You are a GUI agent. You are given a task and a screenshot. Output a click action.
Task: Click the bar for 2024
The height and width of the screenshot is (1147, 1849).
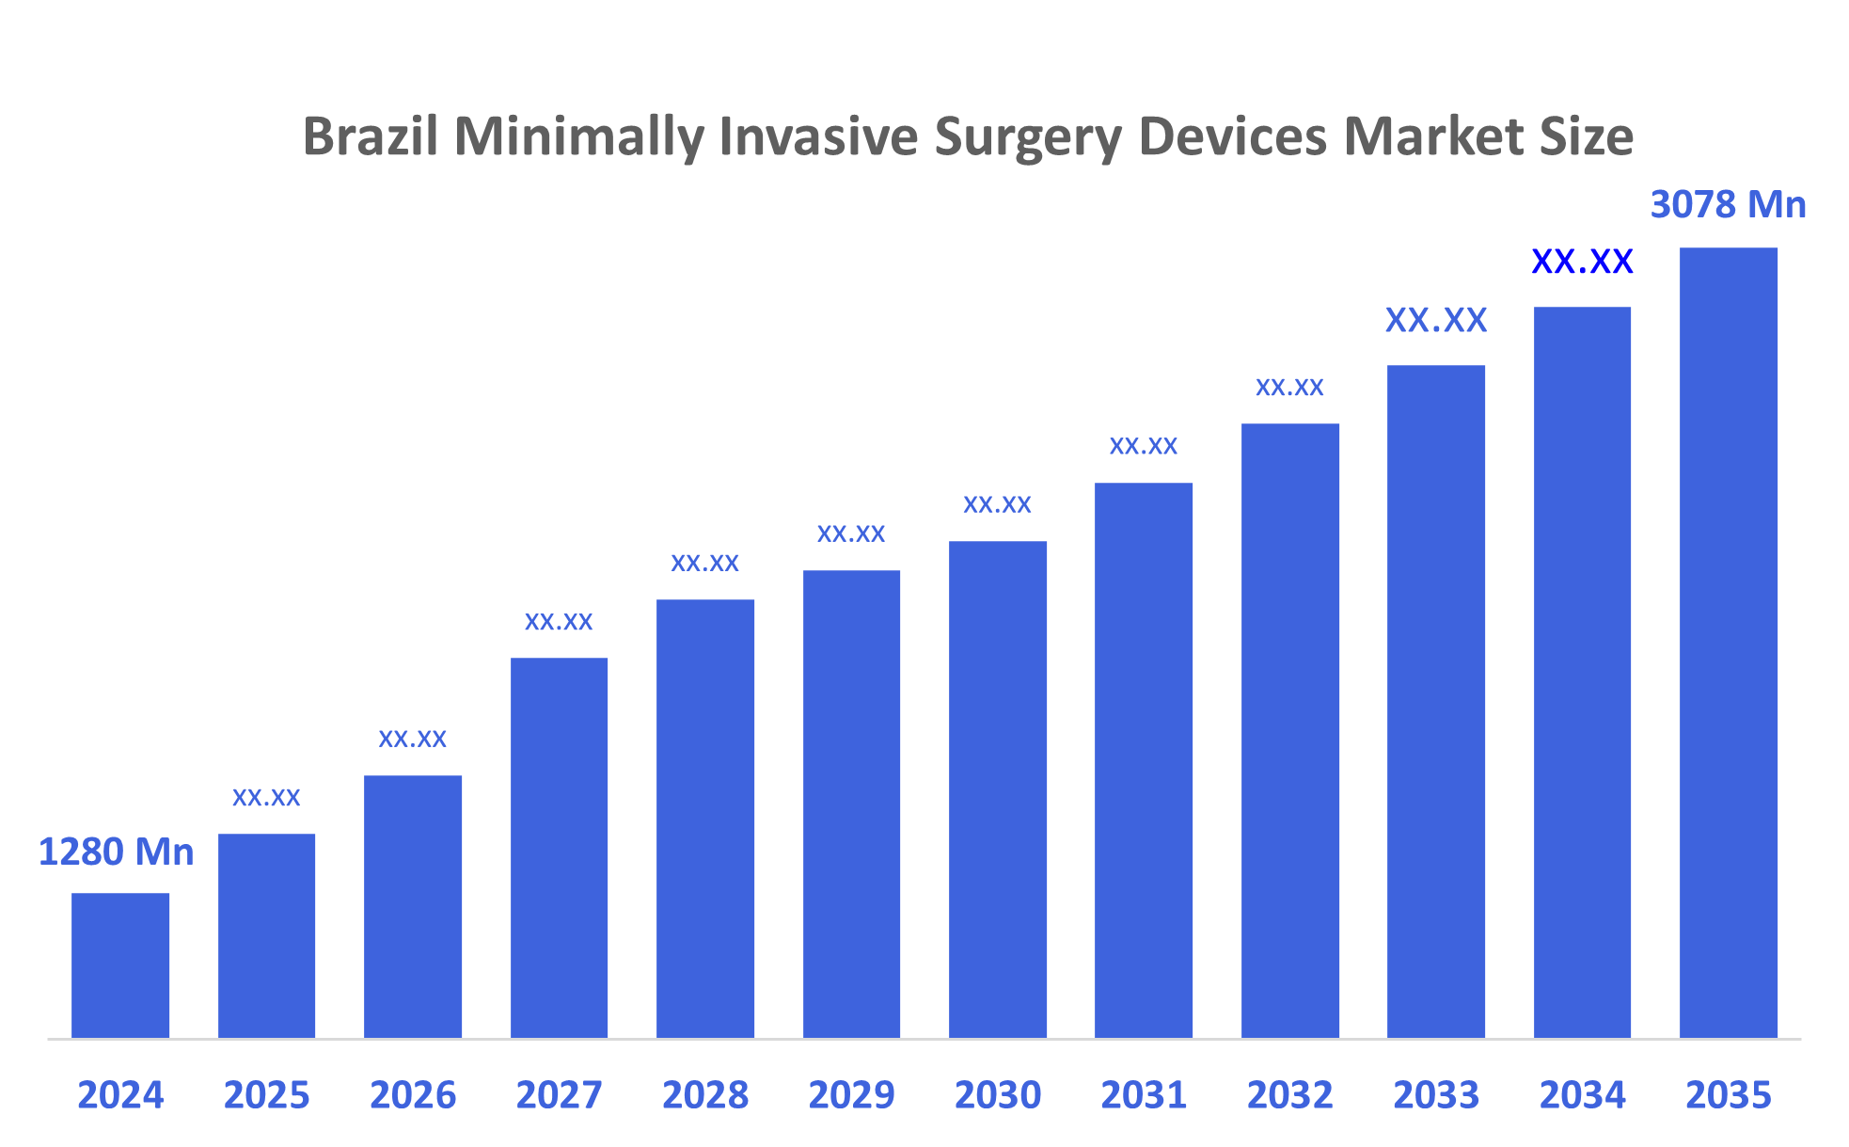click(x=120, y=965)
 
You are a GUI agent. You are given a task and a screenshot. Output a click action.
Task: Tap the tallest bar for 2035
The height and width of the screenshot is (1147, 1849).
click(x=1728, y=643)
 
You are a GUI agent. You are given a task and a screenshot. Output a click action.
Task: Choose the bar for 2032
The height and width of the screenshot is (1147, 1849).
click(x=1289, y=730)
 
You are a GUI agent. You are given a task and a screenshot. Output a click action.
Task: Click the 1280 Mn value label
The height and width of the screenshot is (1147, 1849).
click(x=116, y=852)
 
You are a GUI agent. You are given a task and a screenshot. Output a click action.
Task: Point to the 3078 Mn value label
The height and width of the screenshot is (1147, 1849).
click(x=1728, y=205)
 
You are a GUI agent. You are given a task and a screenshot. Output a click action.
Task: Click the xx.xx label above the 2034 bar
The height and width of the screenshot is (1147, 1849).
click(x=1582, y=262)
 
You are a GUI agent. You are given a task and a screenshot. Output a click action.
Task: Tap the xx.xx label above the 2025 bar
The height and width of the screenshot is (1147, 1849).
click(x=266, y=798)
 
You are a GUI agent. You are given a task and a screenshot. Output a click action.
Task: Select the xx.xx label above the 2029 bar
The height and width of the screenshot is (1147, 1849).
click(x=851, y=534)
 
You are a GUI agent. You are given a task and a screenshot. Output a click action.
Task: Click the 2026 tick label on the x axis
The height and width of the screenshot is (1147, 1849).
click(x=413, y=1095)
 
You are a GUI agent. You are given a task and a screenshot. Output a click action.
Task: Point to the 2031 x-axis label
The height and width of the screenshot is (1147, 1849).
click(x=1144, y=1095)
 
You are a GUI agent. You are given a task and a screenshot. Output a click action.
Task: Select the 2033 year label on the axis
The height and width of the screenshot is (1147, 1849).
click(x=1436, y=1095)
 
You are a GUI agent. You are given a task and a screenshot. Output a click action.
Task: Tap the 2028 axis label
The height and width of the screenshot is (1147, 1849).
click(x=705, y=1095)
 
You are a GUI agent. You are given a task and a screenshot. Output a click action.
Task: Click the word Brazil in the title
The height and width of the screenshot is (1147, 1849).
click(x=371, y=136)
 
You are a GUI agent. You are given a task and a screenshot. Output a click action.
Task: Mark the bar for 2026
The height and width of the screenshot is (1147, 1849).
click(x=413, y=906)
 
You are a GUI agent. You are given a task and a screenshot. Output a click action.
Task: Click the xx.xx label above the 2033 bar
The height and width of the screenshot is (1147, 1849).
click(x=1436, y=321)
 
